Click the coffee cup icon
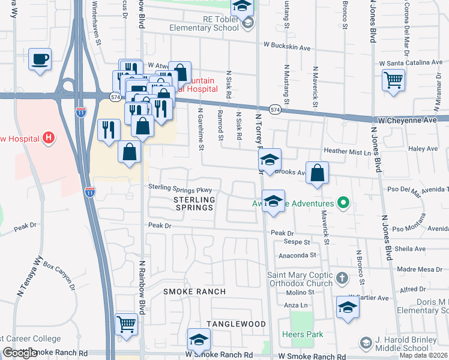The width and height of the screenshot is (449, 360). click(x=40, y=60)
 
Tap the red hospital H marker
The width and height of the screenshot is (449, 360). click(x=49, y=139)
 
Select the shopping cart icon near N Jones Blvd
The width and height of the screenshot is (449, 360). click(x=393, y=80)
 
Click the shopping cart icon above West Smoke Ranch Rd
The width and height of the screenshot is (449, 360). click(x=127, y=325)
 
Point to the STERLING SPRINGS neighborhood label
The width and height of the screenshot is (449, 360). click(x=194, y=203)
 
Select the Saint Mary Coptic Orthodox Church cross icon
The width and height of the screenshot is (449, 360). click(x=342, y=278)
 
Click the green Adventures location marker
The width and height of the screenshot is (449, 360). click(x=343, y=203)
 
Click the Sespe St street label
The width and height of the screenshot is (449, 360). click(x=297, y=243)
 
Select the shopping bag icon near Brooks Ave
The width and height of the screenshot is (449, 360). click(x=318, y=173)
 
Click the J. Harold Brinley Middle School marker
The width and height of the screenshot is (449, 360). click(x=365, y=343)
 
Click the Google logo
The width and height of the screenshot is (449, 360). click(x=19, y=353)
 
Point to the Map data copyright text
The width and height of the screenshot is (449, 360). click(x=423, y=355)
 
